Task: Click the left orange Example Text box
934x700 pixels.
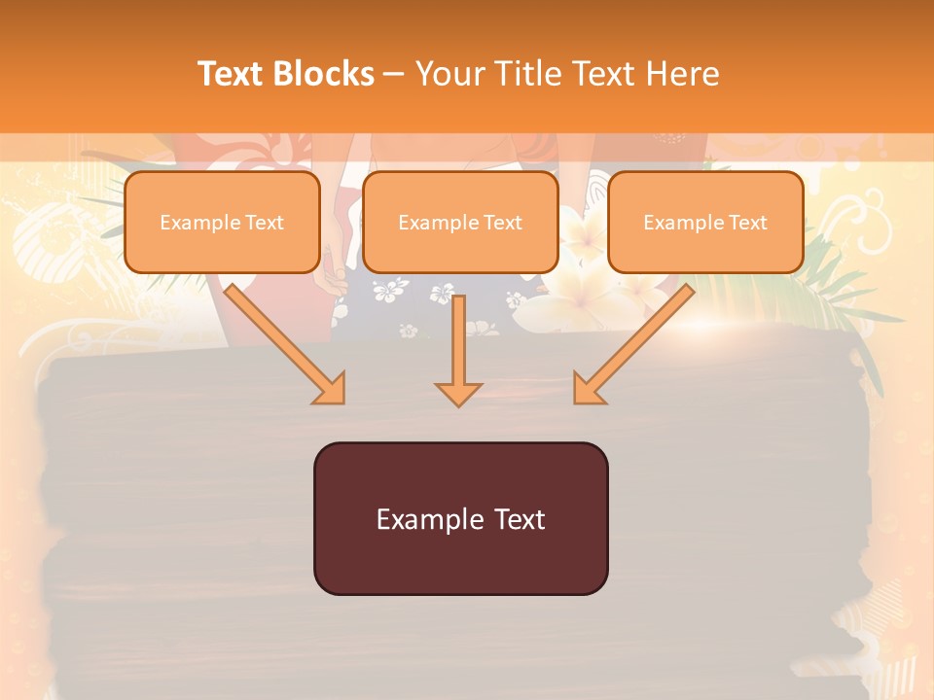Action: click(222, 223)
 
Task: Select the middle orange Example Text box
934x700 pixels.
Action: click(460, 223)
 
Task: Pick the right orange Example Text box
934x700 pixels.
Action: click(705, 223)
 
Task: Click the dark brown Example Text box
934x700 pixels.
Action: click(460, 518)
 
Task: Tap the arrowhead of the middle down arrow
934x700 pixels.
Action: click(458, 393)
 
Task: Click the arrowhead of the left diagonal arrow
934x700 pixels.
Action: click(330, 388)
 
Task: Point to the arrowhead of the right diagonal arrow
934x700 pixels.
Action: click(588, 388)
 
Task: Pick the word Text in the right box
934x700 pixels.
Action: click(748, 223)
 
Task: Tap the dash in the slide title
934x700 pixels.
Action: click(394, 74)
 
